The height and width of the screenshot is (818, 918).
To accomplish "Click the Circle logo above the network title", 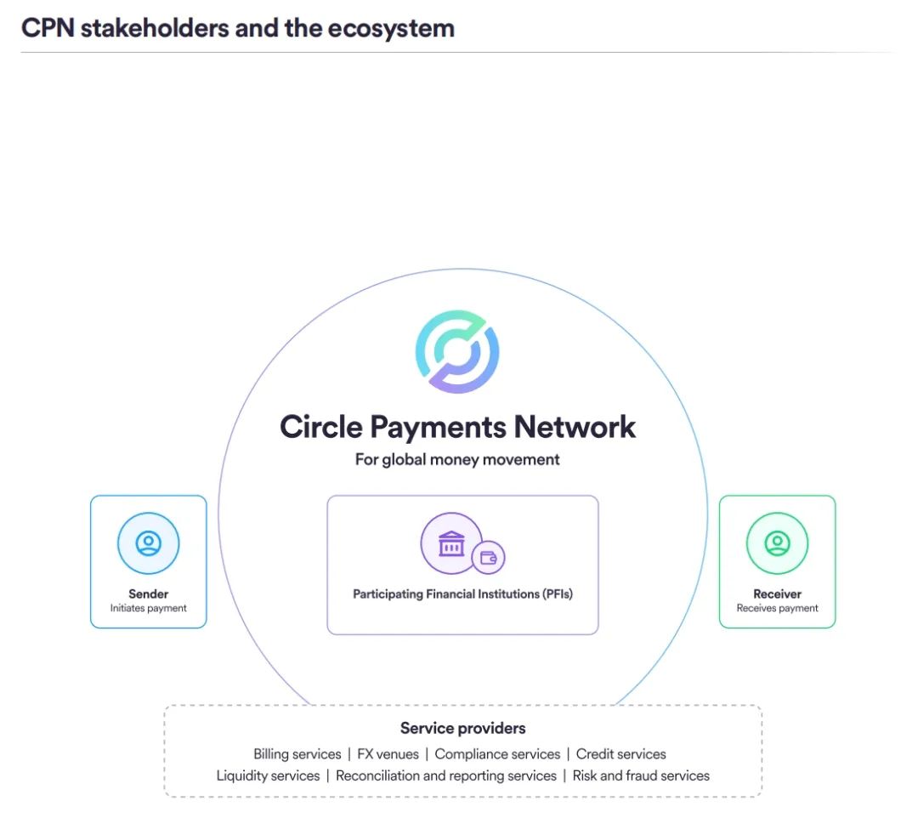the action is click(x=457, y=351).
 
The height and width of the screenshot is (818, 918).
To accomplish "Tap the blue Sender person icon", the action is click(x=149, y=543).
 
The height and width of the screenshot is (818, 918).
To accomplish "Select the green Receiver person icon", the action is click(x=778, y=543).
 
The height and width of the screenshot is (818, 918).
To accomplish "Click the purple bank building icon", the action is click(x=451, y=543).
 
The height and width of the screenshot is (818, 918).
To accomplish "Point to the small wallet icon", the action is click(x=488, y=558).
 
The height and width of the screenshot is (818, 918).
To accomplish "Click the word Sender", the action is click(x=149, y=594).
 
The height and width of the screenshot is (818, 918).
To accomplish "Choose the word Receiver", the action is click(x=778, y=594).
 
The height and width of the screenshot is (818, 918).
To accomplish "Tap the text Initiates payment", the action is click(x=149, y=608).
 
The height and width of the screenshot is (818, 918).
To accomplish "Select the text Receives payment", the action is click(x=778, y=608).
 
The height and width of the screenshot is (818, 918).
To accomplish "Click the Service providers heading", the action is click(x=463, y=729).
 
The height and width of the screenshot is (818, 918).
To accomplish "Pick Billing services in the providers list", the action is click(x=297, y=754).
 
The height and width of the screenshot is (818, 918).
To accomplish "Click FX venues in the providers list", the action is click(x=388, y=754).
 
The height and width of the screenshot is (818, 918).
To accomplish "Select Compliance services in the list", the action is click(x=497, y=754).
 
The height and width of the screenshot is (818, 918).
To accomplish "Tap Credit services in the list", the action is click(x=621, y=754).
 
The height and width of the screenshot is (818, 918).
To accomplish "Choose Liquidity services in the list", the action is click(x=268, y=775).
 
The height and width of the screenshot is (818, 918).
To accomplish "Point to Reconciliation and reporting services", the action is click(x=446, y=775).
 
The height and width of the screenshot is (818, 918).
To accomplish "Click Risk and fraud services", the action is click(x=641, y=775).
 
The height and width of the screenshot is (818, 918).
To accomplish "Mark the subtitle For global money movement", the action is click(x=457, y=460).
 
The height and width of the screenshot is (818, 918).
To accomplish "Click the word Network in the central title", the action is click(x=575, y=427).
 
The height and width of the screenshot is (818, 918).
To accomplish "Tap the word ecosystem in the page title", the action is click(x=391, y=29).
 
